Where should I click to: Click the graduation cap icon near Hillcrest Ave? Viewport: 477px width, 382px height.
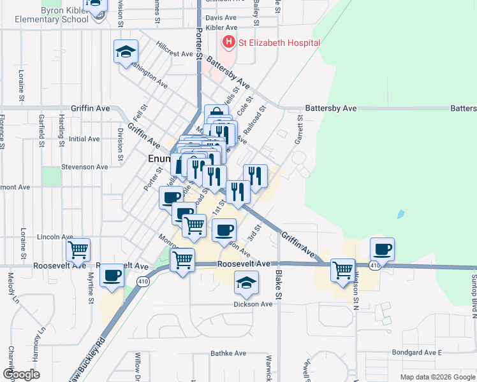(x=126, y=51)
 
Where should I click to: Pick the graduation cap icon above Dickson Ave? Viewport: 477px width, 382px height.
(x=246, y=283)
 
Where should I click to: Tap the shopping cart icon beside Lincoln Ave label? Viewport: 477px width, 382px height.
(x=78, y=250)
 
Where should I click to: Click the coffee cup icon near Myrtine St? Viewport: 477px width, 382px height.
(x=112, y=276)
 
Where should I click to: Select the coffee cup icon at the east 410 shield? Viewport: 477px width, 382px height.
(x=382, y=249)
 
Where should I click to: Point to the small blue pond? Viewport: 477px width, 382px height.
(x=400, y=214)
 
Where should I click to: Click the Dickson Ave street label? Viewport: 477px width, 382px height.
(x=254, y=304)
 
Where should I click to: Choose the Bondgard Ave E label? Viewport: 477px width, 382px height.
(x=417, y=352)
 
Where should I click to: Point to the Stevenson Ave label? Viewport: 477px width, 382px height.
(x=84, y=167)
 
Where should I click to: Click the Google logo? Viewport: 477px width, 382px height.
(x=21, y=374)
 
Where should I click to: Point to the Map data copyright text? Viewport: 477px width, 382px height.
(x=437, y=377)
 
